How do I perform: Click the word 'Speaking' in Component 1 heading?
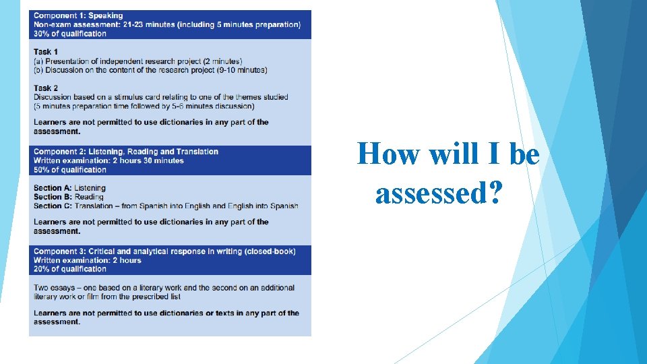106,16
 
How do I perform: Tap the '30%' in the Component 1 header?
42,34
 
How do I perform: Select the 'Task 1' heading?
46,52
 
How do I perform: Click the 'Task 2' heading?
46,88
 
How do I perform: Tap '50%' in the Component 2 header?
42,170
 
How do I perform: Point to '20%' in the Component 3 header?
42,269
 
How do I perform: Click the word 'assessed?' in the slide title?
439,194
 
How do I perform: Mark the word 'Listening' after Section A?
90,188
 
